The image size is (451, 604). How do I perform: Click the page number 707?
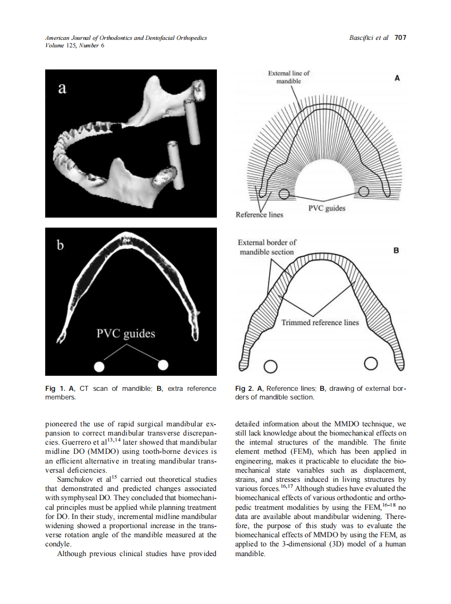point(400,38)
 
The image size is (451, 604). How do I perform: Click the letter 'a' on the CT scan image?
point(62,89)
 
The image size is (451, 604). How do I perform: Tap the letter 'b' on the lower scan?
point(61,246)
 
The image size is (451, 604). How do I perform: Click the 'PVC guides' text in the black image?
point(125,334)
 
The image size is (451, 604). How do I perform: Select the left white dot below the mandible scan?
point(99,366)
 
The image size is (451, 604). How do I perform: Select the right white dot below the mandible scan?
point(163,365)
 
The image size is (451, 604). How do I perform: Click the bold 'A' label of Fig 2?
point(397,78)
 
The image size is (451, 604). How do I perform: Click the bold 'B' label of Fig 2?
point(396,251)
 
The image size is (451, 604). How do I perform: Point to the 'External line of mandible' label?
point(289,77)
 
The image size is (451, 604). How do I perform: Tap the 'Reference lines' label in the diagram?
point(259,215)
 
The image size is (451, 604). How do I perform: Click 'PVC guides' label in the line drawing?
point(327,208)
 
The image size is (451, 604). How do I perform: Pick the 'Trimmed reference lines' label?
point(320,322)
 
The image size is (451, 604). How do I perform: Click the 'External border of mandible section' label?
point(267,247)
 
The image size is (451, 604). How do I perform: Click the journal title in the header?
point(126,38)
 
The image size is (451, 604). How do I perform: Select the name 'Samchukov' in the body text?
point(76,479)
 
